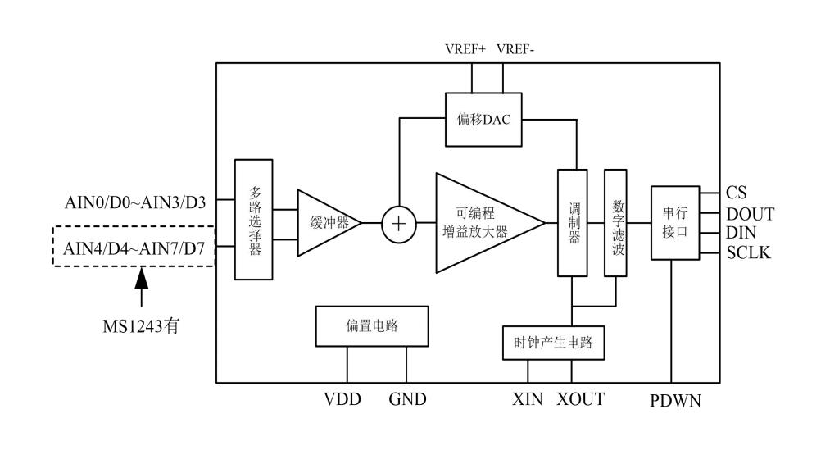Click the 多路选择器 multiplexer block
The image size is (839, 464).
254,221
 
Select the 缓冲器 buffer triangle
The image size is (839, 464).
324,222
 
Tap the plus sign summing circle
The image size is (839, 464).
399,223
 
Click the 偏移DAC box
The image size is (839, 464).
483,120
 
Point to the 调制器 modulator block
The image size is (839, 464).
574,223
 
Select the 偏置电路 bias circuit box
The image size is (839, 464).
371,326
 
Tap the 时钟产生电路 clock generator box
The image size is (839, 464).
553,343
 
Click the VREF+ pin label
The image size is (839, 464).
465,49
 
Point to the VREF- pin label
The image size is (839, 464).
515,49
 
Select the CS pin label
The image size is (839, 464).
736,193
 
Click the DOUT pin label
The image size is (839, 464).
750,214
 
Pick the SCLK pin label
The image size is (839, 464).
748,252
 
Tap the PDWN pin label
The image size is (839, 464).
674,402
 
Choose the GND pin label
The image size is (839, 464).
407,400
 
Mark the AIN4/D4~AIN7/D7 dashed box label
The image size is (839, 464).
134,246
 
